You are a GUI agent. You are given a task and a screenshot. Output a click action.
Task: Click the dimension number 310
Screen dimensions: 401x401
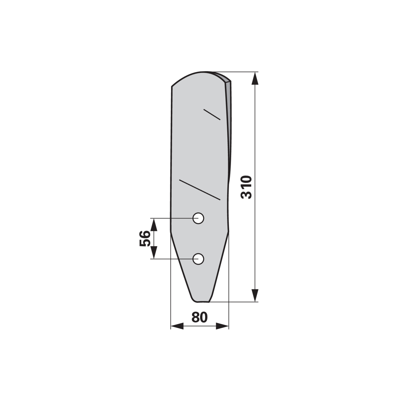pos(246,187)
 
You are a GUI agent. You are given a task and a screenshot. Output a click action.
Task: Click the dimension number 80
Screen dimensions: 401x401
pos(200,317)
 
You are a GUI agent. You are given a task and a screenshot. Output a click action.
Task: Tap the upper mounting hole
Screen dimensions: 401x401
pos(198,218)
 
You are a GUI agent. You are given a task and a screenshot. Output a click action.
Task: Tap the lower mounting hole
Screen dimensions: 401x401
pos(198,259)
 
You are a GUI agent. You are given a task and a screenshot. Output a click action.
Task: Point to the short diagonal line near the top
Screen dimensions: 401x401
pos(212,115)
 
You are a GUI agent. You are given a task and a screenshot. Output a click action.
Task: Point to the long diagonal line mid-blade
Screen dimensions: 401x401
pos(200,190)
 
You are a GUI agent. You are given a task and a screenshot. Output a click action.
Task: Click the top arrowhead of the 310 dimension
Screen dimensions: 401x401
pos(255,78)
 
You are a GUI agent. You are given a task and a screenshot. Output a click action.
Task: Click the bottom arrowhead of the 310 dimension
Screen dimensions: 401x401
pos(255,295)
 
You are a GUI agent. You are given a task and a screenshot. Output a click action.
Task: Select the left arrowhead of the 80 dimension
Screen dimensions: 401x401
pos(177,326)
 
